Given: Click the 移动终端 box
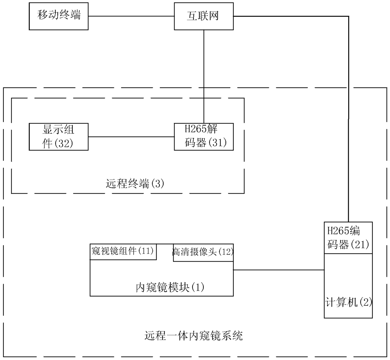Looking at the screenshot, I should coord(58,16).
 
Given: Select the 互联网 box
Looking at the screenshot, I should coord(203,16).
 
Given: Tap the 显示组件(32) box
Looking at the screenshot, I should coord(58,136).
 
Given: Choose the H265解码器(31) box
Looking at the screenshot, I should coord(203,136).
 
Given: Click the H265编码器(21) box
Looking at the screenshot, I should coord(348,238).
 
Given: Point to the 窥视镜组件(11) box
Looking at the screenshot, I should coord(123,252).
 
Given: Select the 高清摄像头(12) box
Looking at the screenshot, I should coord(203,252).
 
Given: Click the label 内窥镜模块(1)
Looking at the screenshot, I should coord(170,287).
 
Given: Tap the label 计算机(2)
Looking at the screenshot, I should coord(348,302).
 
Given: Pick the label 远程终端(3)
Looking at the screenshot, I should coord(135,184).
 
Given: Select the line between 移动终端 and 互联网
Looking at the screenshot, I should coord(131,16).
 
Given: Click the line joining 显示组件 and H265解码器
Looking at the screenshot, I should coord(131,137).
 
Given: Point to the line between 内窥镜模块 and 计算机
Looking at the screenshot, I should coord(279,270).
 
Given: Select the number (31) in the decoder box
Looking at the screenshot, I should coord(217,143).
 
